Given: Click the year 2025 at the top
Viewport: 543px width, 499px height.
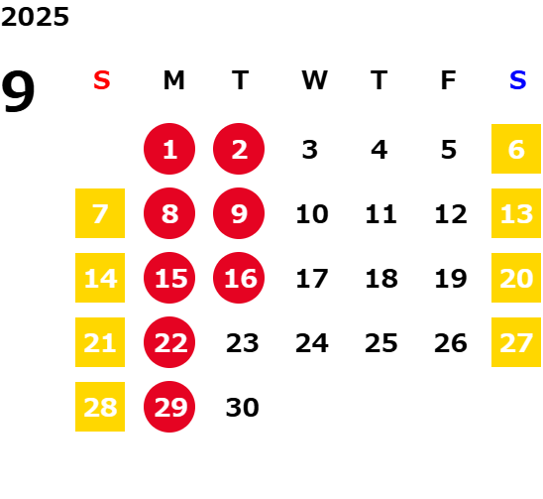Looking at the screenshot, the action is click(35, 17).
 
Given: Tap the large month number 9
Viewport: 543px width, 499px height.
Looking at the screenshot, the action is click(18, 91).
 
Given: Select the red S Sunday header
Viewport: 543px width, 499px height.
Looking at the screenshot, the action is click(101, 80).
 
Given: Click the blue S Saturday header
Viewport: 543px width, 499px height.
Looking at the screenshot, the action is click(517, 80).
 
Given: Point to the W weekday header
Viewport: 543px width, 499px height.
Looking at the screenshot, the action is click(314, 80).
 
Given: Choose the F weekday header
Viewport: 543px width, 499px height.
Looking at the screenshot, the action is click(448, 80).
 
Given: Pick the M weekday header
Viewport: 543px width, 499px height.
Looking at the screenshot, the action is click(173, 80).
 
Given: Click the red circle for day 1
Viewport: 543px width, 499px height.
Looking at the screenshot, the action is click(169, 149).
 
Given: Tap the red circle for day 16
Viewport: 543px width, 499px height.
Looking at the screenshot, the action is click(239, 278).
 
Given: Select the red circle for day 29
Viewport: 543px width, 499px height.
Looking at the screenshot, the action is click(169, 407).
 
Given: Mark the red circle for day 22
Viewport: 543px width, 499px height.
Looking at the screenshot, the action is click(169, 342).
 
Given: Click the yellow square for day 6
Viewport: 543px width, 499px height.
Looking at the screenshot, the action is click(516, 149).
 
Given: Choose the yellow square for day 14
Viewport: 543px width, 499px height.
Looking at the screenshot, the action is click(100, 278).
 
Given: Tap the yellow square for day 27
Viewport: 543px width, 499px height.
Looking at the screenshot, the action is click(516, 342).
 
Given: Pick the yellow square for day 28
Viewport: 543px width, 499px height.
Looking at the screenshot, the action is click(100, 407).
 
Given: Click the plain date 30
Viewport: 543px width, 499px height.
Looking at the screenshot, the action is click(242, 408).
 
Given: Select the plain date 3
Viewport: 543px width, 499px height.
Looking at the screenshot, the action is click(309, 150).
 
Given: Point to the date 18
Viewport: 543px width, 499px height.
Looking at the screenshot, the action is click(381, 279).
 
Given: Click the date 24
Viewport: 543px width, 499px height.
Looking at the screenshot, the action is click(312, 343).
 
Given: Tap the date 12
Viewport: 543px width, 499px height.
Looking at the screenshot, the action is click(451, 214).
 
